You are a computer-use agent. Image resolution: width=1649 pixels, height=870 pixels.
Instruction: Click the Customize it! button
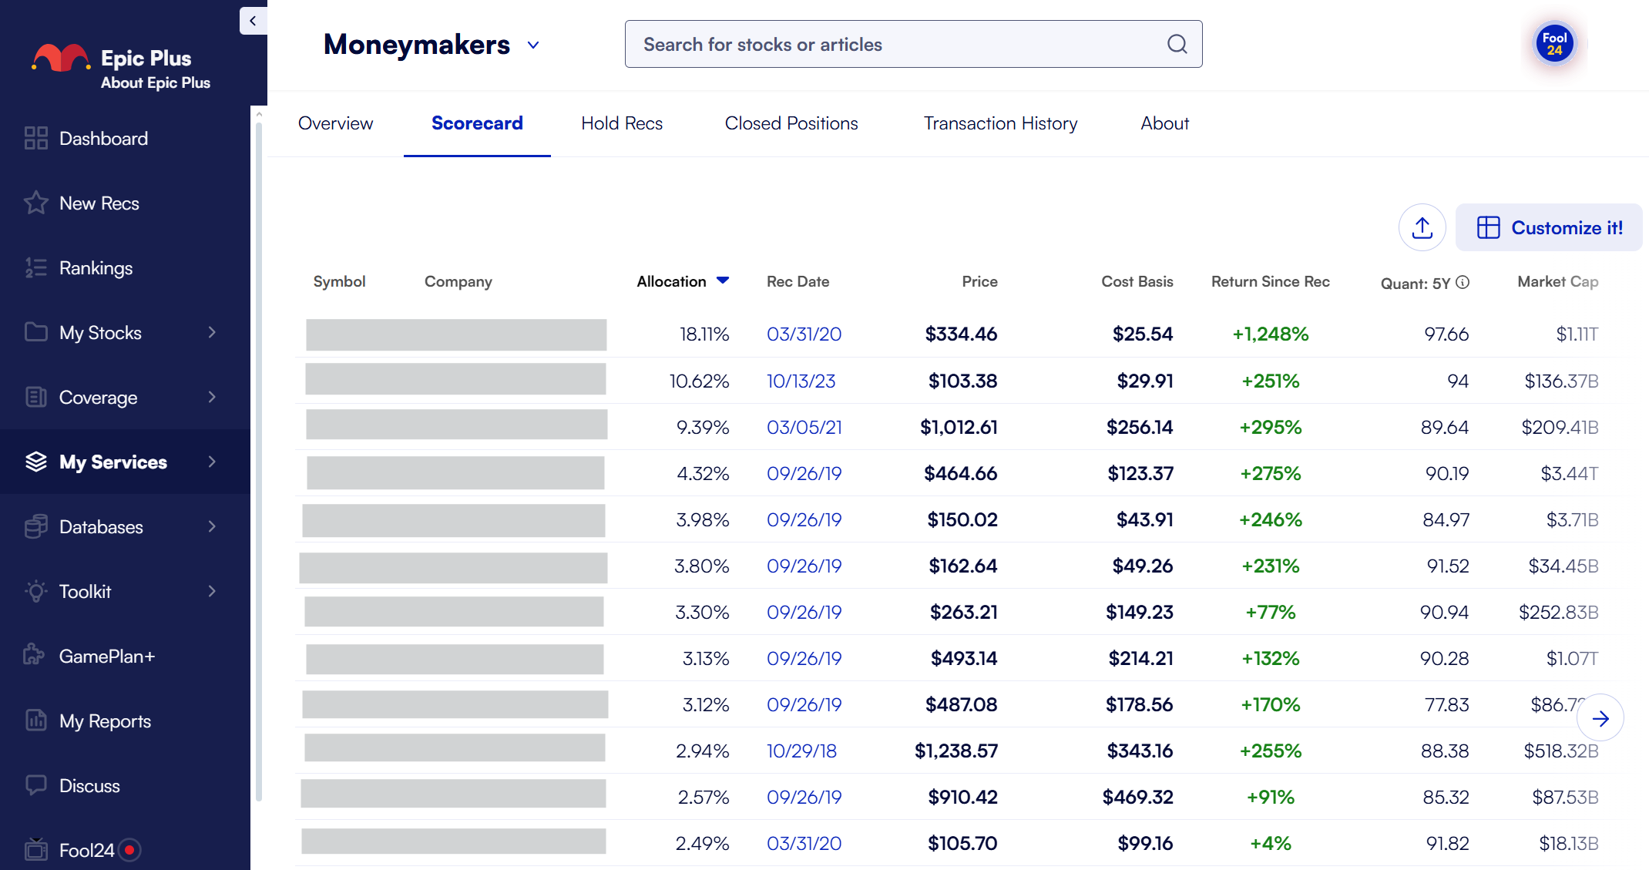[1549, 227]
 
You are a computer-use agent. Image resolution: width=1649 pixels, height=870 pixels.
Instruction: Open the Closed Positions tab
[791, 123]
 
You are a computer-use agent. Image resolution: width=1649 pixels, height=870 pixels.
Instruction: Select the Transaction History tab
[1000, 123]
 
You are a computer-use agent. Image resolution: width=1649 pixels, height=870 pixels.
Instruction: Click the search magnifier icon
[1177, 44]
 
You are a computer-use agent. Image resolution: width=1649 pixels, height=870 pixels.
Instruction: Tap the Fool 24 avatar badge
[1554, 44]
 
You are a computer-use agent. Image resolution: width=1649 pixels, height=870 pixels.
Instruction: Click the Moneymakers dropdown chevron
[533, 45]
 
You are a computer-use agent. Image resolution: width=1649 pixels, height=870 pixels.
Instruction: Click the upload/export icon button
[1422, 227]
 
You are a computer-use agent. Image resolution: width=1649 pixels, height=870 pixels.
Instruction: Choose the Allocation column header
[672, 281]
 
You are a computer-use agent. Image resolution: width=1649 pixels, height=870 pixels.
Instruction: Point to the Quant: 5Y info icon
[1463, 282]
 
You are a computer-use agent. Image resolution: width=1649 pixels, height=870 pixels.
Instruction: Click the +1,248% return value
[1270, 334]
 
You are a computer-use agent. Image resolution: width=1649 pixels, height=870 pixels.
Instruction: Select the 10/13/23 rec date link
[801, 381]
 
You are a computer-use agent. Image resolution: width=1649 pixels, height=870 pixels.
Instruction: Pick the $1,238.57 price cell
[955, 751]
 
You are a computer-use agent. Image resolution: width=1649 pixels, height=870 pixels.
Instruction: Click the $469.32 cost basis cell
[1137, 797]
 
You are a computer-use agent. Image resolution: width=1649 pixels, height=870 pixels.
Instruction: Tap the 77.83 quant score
[1446, 704]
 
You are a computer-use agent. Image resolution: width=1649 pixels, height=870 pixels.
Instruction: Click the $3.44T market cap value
[1569, 473]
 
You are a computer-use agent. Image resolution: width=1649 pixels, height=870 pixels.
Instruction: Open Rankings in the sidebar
[96, 268]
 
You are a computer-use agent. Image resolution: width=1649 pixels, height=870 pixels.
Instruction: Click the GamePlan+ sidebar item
[106, 657]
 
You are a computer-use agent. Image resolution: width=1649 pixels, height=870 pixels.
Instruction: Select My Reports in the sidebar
[105, 721]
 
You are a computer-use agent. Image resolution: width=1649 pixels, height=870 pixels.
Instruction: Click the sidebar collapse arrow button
[253, 21]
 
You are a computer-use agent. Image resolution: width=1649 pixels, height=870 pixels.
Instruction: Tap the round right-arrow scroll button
[1600, 718]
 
